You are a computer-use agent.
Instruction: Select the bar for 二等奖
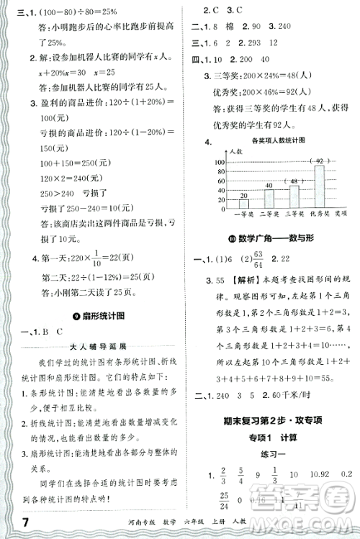click(269, 196)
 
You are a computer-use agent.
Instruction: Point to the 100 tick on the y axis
click(220, 161)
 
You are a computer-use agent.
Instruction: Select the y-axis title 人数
click(232, 150)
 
